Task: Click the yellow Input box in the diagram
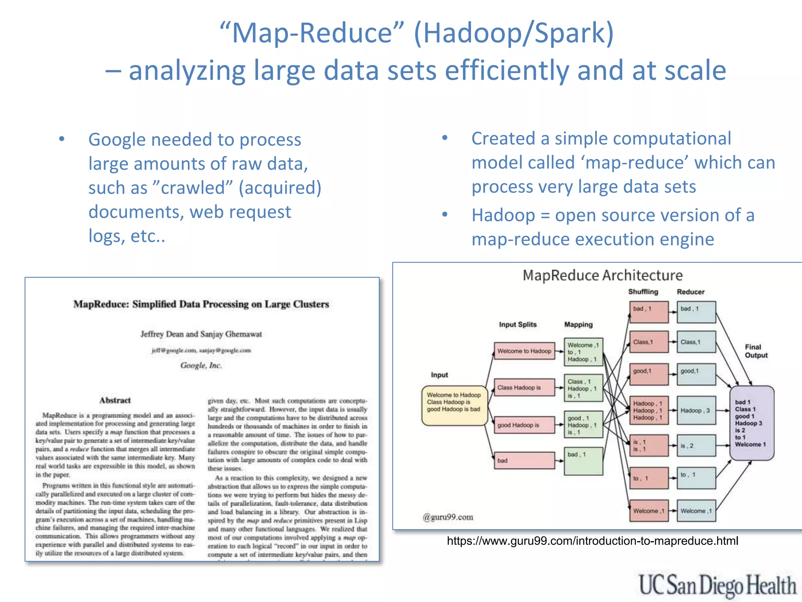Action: tap(454, 405)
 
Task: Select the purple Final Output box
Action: tap(752, 422)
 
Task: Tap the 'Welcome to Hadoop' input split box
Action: tap(524, 351)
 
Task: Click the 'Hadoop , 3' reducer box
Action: tap(696, 410)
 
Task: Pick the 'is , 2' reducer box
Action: tap(696, 446)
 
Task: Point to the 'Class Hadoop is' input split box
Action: tap(524, 388)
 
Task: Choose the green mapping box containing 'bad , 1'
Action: tap(583, 461)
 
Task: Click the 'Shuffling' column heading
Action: tap(643, 292)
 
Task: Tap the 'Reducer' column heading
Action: tap(690, 292)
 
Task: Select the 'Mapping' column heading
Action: tap(578, 325)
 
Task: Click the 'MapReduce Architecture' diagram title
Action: tap(602, 276)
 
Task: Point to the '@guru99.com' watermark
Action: tap(448, 517)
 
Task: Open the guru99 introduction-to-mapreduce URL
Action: tap(592, 541)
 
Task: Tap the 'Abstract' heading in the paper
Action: tap(115, 400)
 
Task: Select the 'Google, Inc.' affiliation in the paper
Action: tap(201, 365)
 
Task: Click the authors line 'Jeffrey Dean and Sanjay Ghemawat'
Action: tap(201, 334)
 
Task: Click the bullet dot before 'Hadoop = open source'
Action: tap(445, 214)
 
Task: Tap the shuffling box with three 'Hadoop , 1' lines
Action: tap(648, 410)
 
